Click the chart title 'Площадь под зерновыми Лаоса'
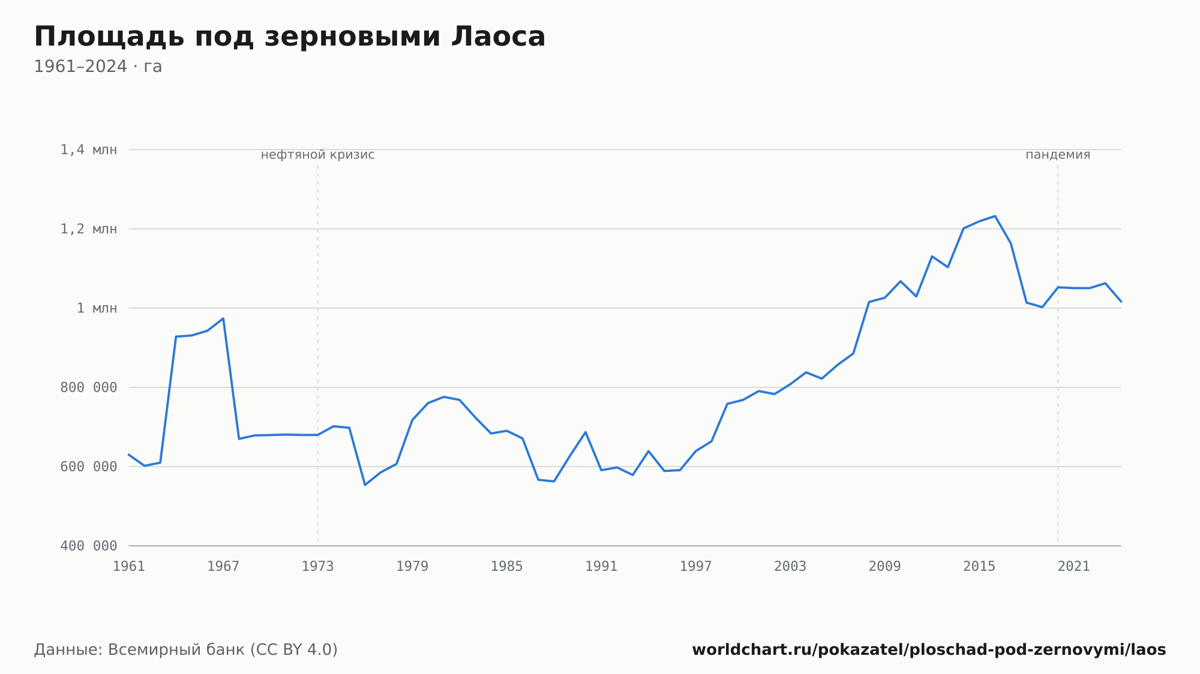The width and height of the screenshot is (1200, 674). click(290, 37)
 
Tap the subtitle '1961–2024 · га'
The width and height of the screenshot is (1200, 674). click(98, 67)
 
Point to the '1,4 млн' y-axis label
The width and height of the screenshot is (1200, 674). click(89, 150)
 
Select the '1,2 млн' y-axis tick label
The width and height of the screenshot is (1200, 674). click(89, 229)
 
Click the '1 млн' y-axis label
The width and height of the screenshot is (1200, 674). click(97, 308)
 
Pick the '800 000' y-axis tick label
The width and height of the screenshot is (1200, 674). click(89, 387)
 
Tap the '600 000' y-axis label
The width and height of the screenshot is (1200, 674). click(89, 467)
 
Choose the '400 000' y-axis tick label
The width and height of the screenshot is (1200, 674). click(89, 546)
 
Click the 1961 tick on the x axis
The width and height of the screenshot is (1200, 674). click(129, 567)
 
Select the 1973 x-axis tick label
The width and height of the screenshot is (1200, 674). click(318, 567)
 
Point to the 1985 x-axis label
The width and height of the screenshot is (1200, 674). click(507, 567)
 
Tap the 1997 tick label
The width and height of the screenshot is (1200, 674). click(696, 567)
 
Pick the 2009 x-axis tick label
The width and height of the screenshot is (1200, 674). click(885, 567)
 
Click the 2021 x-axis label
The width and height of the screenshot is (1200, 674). click(1074, 567)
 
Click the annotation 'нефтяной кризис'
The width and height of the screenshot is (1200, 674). click(318, 155)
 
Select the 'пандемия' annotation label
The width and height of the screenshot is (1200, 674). click(1058, 155)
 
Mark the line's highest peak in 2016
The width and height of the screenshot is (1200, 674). click(995, 216)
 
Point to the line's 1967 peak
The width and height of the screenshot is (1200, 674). click(223, 318)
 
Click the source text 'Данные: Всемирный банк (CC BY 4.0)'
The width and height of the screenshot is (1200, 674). click(186, 650)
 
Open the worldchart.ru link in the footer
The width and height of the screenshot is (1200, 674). click(929, 650)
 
